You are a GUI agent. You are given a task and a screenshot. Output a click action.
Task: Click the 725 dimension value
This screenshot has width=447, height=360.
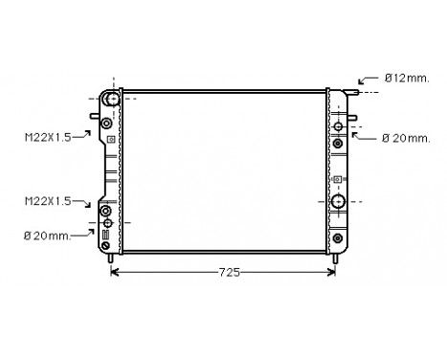pyautogui.click(x=229, y=272)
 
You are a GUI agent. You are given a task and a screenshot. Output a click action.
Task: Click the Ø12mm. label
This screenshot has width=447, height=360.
pyautogui.click(x=407, y=79)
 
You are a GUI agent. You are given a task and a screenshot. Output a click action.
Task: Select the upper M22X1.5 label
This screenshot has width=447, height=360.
pyautogui.click(x=48, y=138)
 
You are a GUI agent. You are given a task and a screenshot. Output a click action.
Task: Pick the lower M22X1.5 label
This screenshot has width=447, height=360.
pyautogui.click(x=48, y=201)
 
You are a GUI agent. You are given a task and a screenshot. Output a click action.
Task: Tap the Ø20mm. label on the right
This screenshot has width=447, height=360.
pyautogui.click(x=406, y=139)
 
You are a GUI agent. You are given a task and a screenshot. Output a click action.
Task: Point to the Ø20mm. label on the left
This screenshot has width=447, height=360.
pyautogui.click(x=47, y=236)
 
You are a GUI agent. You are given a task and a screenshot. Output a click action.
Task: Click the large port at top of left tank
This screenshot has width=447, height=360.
pyautogui.click(x=113, y=99)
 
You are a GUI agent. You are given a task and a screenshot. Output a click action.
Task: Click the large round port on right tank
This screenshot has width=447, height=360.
pyautogui.click(x=338, y=201)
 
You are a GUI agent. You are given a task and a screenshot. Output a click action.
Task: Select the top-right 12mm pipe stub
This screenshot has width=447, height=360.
pyautogui.click(x=351, y=92)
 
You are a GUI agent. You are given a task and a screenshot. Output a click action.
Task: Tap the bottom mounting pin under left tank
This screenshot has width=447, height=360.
pyautogui.click(x=110, y=259)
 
